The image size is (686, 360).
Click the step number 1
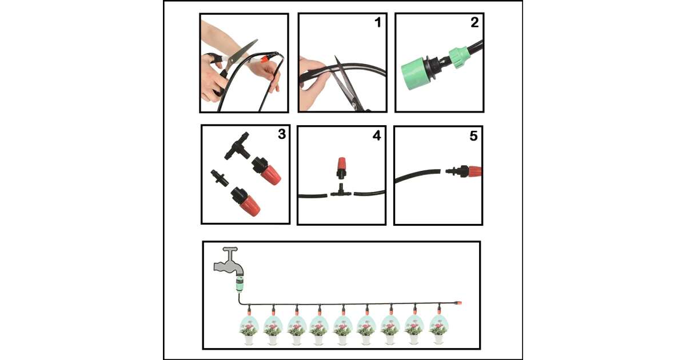[x=378, y=22]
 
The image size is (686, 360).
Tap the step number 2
[x=474, y=22]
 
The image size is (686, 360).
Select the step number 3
[x=282, y=134]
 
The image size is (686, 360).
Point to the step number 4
[x=377, y=135]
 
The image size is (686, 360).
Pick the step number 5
[x=473, y=136]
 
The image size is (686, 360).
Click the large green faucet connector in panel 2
[x=414, y=73]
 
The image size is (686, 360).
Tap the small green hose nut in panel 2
[x=458, y=58]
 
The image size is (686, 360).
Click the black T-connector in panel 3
[x=237, y=146]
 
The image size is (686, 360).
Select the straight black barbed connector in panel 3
[x=220, y=178]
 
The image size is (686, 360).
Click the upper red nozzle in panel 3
[x=266, y=171]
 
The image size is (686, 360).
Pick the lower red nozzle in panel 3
[x=246, y=202]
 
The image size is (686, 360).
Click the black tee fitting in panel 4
[x=341, y=191]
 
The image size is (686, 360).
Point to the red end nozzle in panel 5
[x=464, y=171]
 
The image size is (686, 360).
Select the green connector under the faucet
[x=240, y=285]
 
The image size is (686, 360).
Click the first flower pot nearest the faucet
[x=249, y=330]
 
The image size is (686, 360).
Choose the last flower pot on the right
[x=439, y=330]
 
